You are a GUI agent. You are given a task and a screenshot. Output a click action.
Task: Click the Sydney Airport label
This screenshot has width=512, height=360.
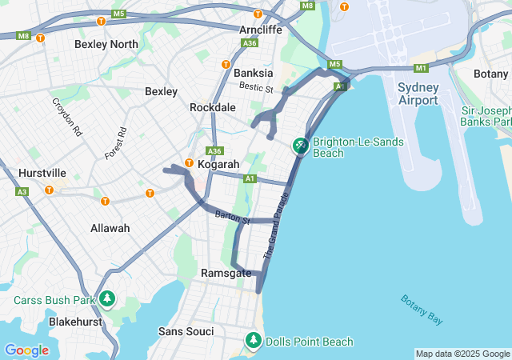pyautogui.click(x=419, y=92)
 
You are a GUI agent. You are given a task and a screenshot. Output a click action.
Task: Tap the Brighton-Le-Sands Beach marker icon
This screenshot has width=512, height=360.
pyautogui.click(x=300, y=146)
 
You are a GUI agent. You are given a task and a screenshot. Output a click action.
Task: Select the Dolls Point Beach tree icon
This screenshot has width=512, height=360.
pyautogui.click(x=254, y=340)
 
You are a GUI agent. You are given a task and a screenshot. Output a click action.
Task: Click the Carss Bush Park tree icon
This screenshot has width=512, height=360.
pyautogui.click(x=107, y=299)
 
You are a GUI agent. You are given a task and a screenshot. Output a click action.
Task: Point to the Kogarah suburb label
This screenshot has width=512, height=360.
pyautogui.click(x=218, y=165)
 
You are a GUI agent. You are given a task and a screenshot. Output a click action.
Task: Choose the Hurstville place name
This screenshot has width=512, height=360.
pyautogui.click(x=43, y=173)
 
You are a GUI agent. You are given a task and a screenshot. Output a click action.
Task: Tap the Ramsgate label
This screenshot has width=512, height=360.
pyautogui.click(x=226, y=274)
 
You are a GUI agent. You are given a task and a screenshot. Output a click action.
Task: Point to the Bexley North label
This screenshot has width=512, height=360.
pyautogui.click(x=106, y=44)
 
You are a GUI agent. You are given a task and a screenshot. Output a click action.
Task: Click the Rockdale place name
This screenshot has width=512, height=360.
pyautogui.click(x=213, y=107)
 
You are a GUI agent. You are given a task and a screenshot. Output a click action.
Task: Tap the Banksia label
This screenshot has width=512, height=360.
pyautogui.click(x=254, y=73)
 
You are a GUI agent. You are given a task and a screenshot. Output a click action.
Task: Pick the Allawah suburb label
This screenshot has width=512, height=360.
pyautogui.click(x=110, y=228)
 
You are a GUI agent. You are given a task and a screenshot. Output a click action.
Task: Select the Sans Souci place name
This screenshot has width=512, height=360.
pyautogui.click(x=186, y=331)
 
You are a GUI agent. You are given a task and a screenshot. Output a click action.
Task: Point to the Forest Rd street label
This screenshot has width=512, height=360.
pyautogui.click(x=116, y=142)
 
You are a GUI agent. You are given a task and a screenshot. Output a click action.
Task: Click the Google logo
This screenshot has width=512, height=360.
pyautogui.click(x=26, y=350)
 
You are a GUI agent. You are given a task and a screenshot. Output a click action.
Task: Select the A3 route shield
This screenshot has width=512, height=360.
pyautogui.click(x=22, y=192)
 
